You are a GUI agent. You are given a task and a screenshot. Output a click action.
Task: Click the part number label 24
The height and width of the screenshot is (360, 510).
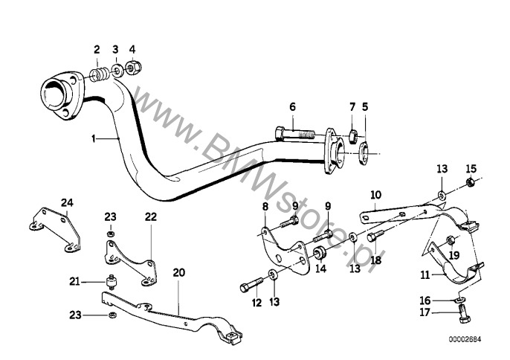pyautogui.click(x=68, y=203)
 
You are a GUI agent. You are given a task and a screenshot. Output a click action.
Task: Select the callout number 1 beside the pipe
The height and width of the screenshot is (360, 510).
pyautogui.click(x=94, y=139)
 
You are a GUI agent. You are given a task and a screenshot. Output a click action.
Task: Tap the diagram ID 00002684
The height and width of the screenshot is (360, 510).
pyautogui.click(x=465, y=339)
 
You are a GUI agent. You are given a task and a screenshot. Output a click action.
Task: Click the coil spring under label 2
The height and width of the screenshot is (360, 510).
pyautogui.click(x=97, y=75)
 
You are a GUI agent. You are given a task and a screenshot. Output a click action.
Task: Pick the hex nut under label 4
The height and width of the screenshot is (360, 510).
pyautogui.click(x=133, y=68)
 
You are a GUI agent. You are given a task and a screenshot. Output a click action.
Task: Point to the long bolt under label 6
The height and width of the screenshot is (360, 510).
pyautogui.click(x=294, y=133)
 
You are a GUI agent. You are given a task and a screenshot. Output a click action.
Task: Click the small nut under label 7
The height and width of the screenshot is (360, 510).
pyautogui.click(x=353, y=136)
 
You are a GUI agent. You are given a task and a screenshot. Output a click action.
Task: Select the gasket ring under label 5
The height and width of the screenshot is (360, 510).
pyautogui.click(x=364, y=153)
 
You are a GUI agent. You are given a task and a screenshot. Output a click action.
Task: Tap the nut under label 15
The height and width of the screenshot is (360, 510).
pyautogui.click(x=470, y=182)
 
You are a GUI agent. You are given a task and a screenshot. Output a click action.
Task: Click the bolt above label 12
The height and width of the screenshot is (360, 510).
pyautogui.click(x=251, y=284)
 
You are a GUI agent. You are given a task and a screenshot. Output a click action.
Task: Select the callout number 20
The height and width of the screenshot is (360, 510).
pyautogui.click(x=178, y=272)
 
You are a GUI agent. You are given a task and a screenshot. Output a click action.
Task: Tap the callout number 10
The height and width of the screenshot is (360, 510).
pyautogui.click(x=375, y=195)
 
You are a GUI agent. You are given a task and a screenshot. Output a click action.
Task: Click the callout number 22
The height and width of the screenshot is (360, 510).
pyautogui.click(x=151, y=216)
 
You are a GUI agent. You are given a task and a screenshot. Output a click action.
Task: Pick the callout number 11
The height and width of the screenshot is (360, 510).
pyautogui.click(x=425, y=275)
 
